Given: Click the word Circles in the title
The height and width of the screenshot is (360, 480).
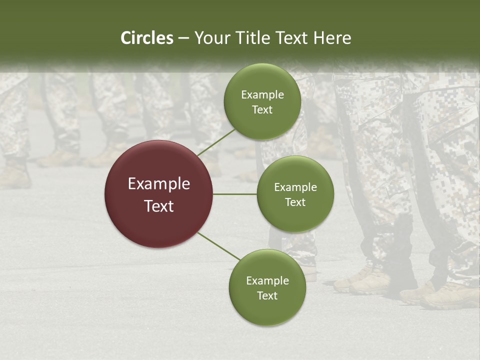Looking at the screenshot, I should pos(146,38).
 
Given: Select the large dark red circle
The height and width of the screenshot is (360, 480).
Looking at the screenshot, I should pos(158,194).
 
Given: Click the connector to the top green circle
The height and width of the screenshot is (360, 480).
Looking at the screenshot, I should pos(216,142).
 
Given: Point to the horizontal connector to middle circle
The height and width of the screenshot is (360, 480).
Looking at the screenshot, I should pos(235,194).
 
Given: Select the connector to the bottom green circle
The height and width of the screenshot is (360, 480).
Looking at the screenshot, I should pos(219,246).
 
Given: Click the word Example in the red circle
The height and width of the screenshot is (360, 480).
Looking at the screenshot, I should pos(158,183).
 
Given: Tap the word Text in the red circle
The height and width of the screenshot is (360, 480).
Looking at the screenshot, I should pos(158,206).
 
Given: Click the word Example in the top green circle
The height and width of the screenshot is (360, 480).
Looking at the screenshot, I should pos(262,95).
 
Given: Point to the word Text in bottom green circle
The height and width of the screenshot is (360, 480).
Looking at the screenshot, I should pos(267,295).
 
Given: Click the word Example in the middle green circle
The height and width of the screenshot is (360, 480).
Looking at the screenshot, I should pos(295,187).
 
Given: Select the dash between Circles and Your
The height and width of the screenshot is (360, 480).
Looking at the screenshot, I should pos(183,38).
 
